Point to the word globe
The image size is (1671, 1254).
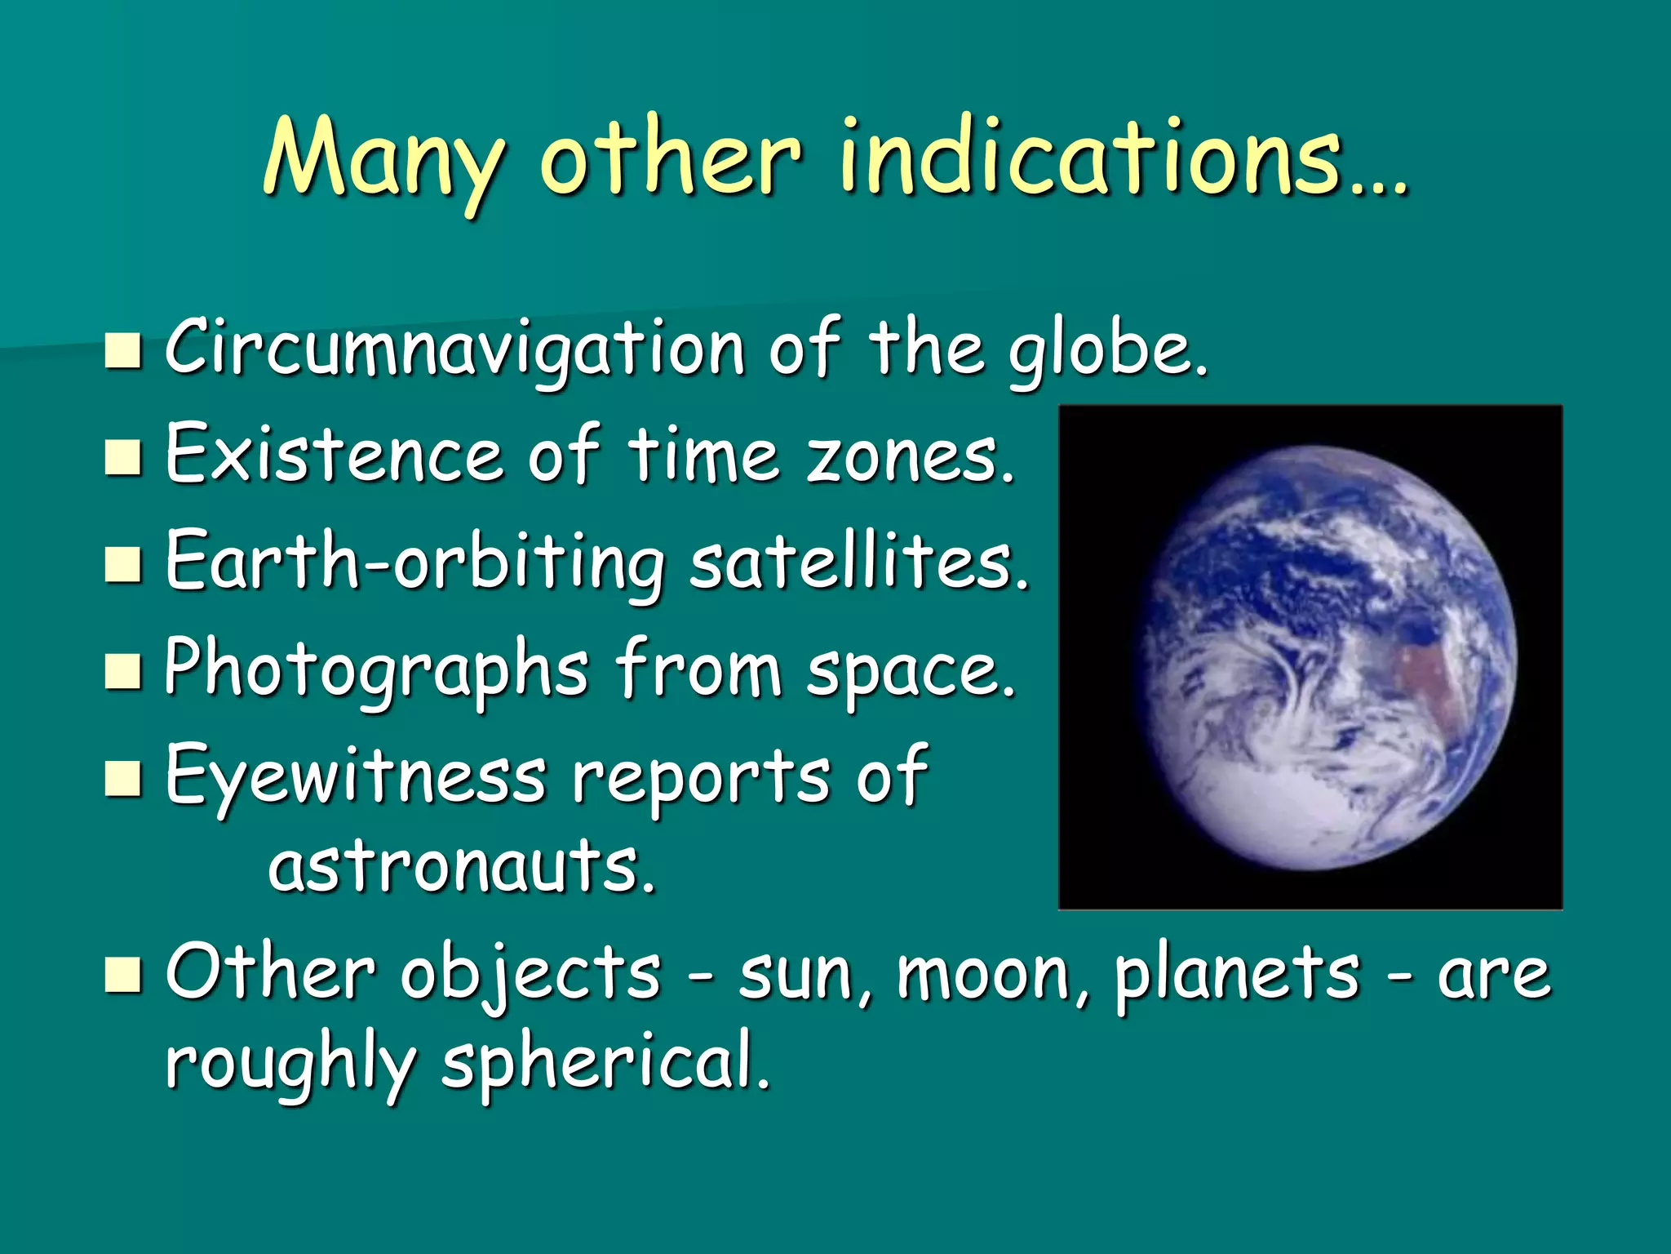click(1106, 353)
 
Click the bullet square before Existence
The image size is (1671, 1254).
click(123, 456)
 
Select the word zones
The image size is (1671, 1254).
click(910, 456)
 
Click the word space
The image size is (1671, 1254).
click(910, 674)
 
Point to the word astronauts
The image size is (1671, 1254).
click(461, 867)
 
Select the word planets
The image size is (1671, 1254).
click(1236, 976)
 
